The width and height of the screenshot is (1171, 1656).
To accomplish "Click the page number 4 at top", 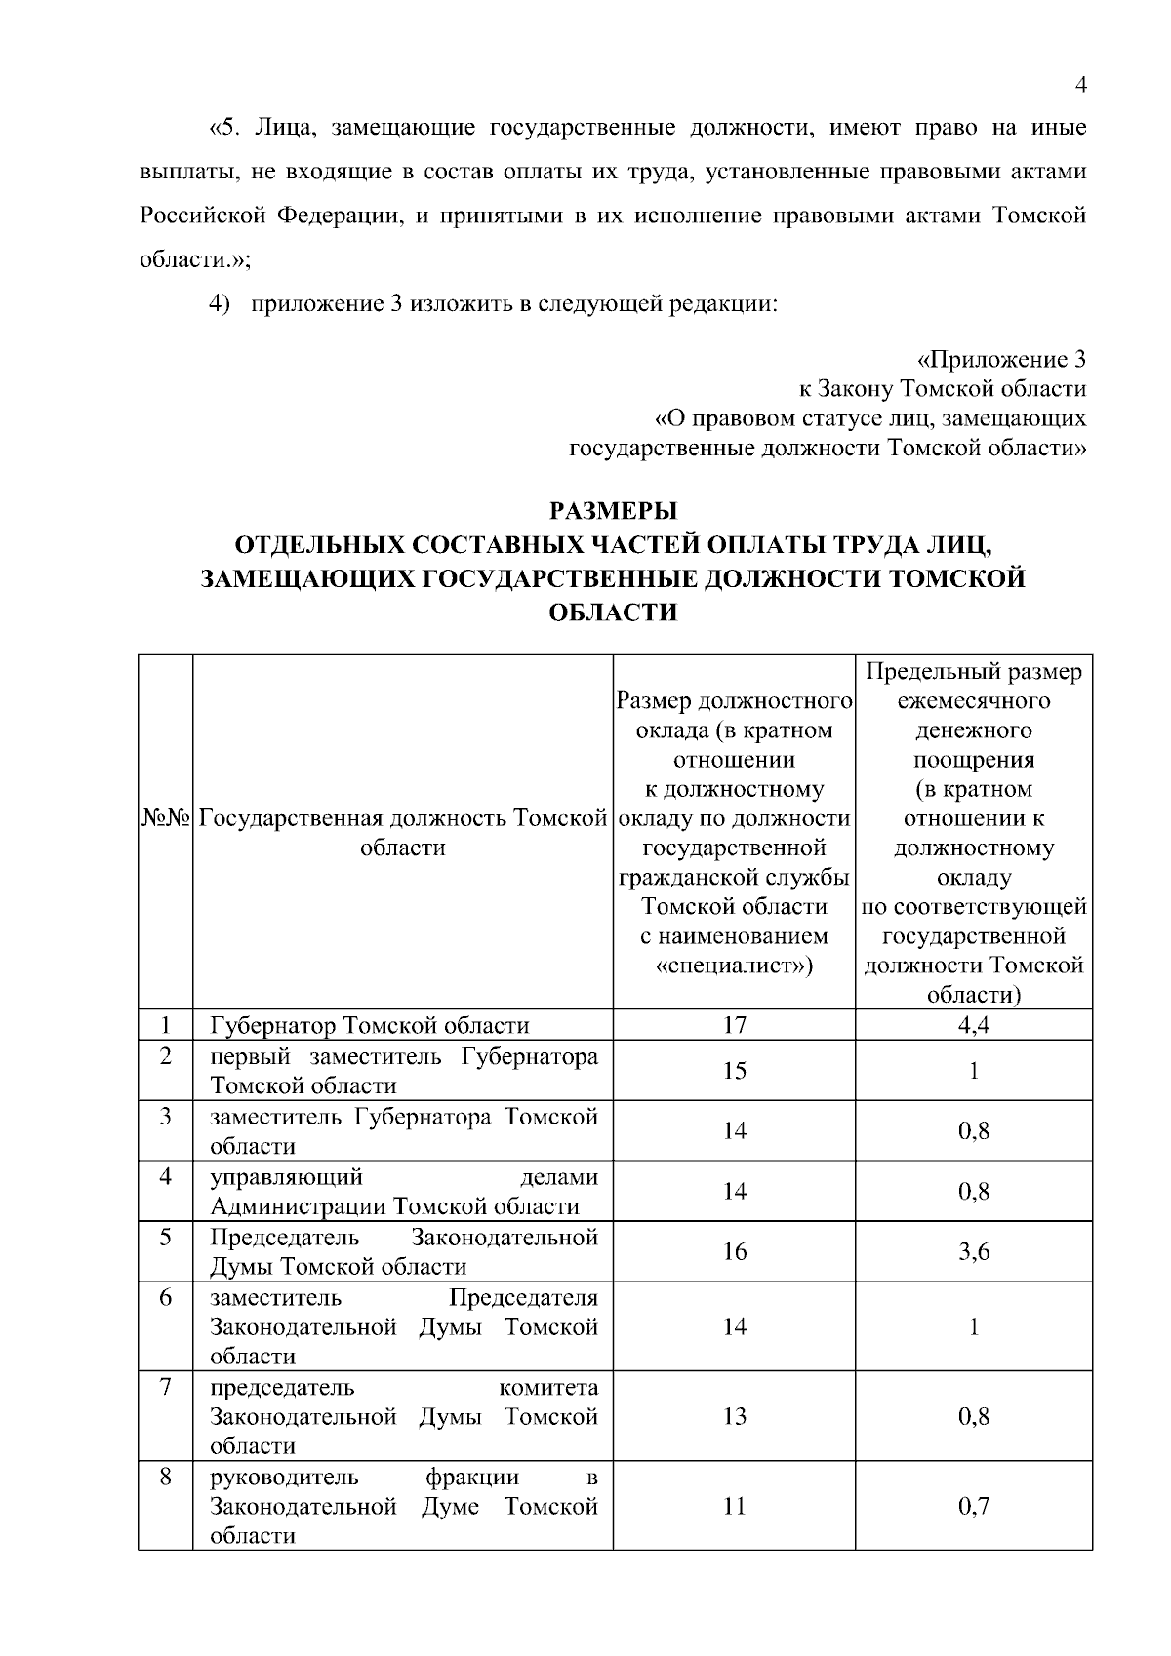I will coord(1080,86).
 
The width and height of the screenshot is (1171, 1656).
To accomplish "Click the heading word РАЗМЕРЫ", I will coord(614,511).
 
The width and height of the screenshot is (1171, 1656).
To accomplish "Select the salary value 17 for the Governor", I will coord(734,1025).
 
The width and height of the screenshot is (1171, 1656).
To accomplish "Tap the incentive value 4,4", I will coord(973,1025).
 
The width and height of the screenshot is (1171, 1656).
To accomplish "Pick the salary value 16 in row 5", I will coord(734,1251).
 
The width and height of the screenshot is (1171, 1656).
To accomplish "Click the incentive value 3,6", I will coord(973,1251).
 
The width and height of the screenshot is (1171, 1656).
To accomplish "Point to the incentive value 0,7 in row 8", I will coord(973,1506).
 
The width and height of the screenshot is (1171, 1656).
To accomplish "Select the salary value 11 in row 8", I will coord(734,1506).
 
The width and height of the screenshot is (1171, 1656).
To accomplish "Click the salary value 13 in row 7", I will coord(734,1416).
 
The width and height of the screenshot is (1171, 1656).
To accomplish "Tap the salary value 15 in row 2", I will coord(734,1071).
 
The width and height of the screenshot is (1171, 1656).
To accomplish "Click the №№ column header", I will coord(166,818).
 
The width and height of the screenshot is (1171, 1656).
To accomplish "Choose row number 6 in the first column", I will coord(166,1297).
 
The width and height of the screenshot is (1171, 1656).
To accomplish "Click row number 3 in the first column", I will coord(166,1116).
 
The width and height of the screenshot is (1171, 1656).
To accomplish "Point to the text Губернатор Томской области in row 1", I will coord(370,1025).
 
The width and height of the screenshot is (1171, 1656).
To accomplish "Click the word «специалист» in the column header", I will coord(734,966).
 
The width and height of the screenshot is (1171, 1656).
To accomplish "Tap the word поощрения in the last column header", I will coord(973,760).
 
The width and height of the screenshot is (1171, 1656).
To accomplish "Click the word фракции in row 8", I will coord(472,1477).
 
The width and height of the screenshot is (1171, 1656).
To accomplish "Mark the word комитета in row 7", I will coord(548,1387).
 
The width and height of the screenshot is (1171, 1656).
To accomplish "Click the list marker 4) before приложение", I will coord(219,303).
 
